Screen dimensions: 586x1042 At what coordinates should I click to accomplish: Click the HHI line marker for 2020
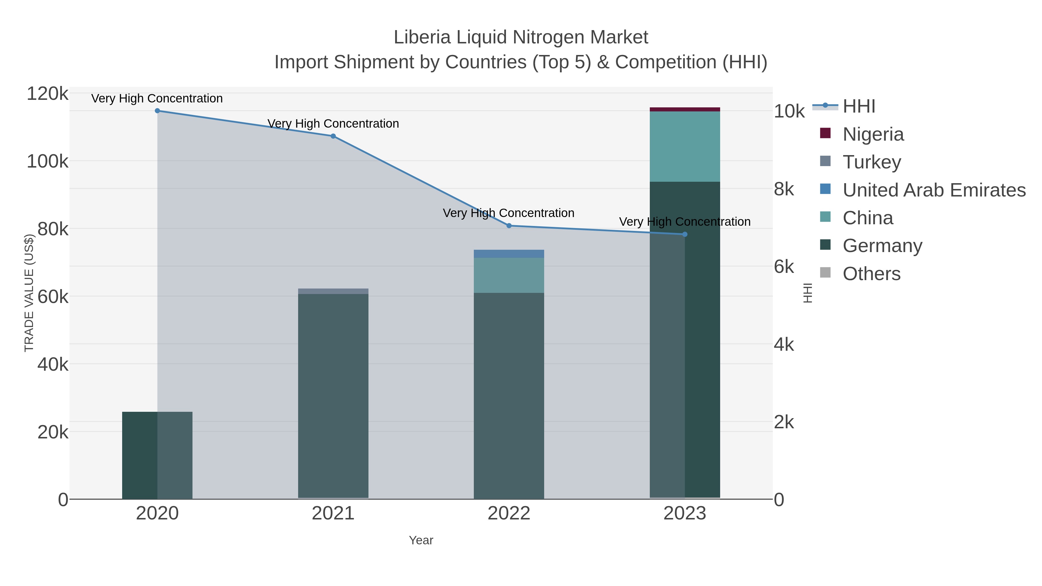(x=157, y=111)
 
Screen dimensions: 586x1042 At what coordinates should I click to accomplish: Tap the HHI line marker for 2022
(x=509, y=226)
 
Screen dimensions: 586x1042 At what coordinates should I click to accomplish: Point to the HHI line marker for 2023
(x=685, y=235)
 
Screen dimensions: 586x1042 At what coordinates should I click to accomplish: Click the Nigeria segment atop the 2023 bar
(x=685, y=109)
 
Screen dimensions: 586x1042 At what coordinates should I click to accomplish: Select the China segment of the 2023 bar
(x=685, y=146)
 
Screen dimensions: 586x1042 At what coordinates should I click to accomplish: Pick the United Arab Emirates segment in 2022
(x=509, y=253)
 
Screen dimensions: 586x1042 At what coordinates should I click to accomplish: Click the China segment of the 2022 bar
(x=509, y=275)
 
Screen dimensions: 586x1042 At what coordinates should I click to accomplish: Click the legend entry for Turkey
(x=872, y=162)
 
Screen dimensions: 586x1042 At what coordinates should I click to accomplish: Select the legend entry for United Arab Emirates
(x=933, y=190)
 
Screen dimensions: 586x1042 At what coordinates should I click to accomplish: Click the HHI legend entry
(x=859, y=106)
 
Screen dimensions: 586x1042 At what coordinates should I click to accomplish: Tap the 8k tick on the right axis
(x=784, y=189)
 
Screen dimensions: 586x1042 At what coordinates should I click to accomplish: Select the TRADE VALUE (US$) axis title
(x=29, y=293)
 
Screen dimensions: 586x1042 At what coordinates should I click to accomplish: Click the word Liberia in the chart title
(x=422, y=38)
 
